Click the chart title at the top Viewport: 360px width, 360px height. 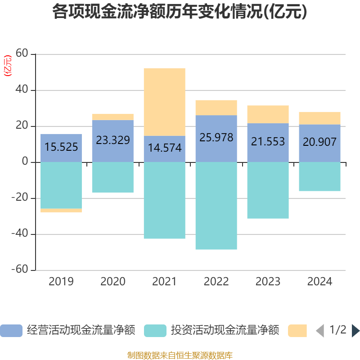click(x=180, y=12)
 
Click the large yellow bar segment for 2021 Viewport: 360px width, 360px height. click(x=164, y=102)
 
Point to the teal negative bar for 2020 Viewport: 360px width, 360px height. click(x=112, y=177)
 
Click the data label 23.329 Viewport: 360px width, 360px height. click(x=113, y=140)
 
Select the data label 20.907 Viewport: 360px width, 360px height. click(x=319, y=142)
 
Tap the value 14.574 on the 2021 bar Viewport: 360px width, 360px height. click(x=165, y=147)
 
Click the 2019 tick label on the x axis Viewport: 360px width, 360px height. click(x=61, y=282)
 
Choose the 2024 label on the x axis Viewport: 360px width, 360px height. click(x=319, y=282)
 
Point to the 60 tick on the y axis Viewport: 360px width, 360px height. click(x=22, y=54)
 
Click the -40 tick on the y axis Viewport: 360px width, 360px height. click(x=20, y=234)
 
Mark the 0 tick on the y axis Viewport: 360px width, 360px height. click(x=25, y=162)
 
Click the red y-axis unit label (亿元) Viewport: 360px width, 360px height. click(x=8, y=66)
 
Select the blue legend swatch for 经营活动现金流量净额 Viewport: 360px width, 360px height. click(x=11, y=331)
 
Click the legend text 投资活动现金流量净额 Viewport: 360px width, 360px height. click(x=225, y=331)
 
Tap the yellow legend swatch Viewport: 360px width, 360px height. click(x=297, y=331)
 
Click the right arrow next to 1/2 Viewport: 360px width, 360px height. click(x=355, y=331)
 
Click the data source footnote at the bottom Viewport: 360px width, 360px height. click(x=180, y=355)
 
